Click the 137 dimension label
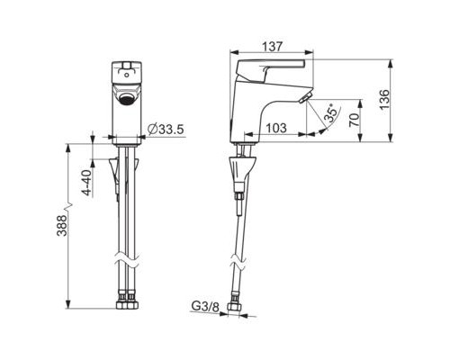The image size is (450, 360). tap(273, 47)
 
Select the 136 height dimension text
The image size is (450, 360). tap(384, 100)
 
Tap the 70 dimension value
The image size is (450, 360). tap(355, 120)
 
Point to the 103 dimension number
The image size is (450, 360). tap(276, 128)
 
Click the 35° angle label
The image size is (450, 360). tap(330, 112)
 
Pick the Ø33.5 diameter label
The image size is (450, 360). tap(166, 130)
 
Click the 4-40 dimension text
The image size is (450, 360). tap(86, 183)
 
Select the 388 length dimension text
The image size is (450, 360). tap(62, 225)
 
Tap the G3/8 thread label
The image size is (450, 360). tap(205, 307)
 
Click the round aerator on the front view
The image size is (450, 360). tap(126, 99)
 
